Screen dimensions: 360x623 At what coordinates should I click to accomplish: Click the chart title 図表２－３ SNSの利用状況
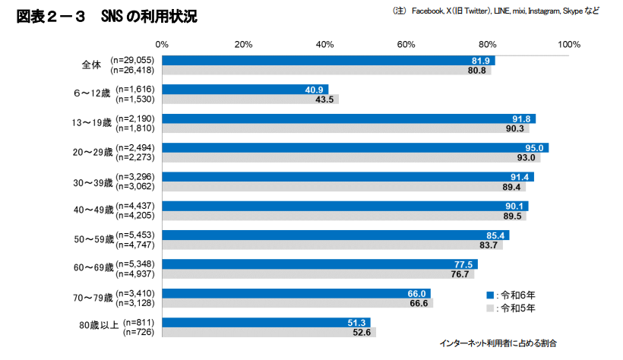click(x=107, y=17)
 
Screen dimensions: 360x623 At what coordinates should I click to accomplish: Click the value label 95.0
click(x=535, y=147)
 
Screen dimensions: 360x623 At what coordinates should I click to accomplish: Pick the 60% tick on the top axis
click(x=406, y=45)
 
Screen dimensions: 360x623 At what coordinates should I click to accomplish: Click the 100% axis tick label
click(x=568, y=45)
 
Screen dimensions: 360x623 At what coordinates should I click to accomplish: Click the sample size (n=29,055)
click(x=132, y=59)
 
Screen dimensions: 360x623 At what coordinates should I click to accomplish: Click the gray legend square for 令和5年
click(x=490, y=308)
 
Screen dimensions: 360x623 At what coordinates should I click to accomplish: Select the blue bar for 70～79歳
click(x=296, y=293)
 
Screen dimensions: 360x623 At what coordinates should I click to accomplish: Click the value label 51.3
click(x=357, y=322)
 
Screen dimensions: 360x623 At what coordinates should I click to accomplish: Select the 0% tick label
click(x=162, y=45)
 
